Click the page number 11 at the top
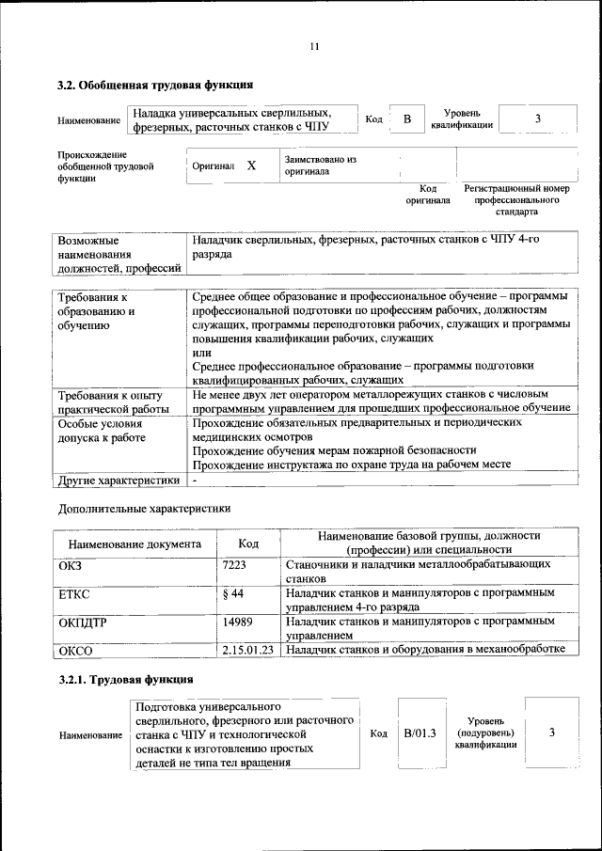pos(314,47)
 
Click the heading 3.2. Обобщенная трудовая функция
pos(155,86)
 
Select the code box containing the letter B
pos(407,118)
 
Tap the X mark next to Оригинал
pos(251,165)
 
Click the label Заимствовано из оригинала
pos(320,165)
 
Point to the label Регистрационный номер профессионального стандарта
pos(516,200)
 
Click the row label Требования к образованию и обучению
pos(96,311)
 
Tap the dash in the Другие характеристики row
pos(194,480)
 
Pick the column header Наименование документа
pos(135,544)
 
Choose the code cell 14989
pos(239,622)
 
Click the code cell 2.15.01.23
pos(248,649)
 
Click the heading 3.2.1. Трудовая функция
pos(126,679)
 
